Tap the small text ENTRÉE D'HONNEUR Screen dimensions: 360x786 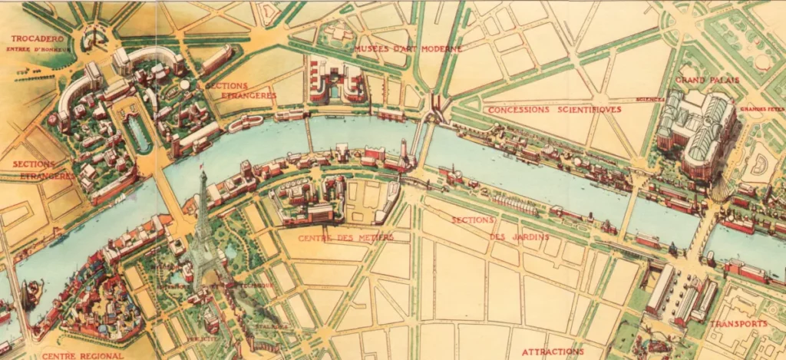coord(38,50)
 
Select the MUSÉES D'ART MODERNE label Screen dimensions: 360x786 coord(408,49)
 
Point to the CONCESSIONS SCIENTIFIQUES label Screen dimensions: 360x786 coord(544,110)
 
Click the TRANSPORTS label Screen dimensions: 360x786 coord(738,323)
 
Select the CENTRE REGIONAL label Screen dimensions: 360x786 coord(83,355)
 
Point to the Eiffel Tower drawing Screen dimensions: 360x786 coord(203,230)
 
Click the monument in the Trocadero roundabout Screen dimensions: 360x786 coord(92,36)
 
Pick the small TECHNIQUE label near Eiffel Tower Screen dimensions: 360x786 coord(259,285)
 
